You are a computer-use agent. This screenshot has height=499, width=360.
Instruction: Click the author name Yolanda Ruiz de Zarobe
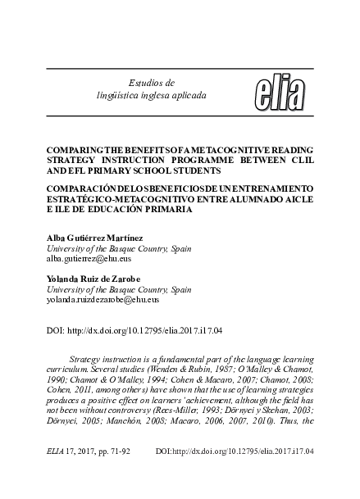coord(98,279)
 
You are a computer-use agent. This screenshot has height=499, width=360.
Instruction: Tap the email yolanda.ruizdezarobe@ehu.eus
coord(103,301)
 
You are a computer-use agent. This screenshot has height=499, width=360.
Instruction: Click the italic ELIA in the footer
coord(57,451)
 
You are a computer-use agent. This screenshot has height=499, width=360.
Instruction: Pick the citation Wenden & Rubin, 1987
coord(204,370)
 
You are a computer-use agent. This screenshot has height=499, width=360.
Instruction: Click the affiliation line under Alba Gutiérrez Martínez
coord(118,247)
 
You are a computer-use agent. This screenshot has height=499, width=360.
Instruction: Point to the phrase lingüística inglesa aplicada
coord(153,95)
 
